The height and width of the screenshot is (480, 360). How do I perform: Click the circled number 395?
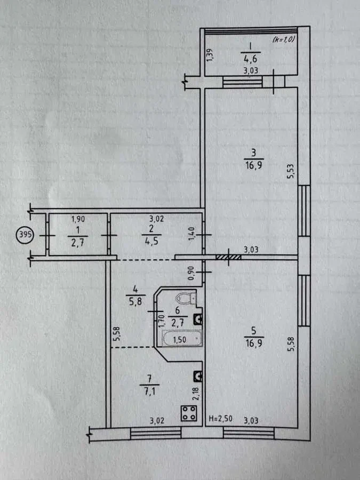click(25, 235)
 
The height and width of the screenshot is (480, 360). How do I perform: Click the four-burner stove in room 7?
click(189, 413)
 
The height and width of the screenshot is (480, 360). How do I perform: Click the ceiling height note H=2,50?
click(220, 419)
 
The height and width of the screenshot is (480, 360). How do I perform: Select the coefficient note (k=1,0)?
click(283, 39)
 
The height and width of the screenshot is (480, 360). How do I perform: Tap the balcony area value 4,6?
click(251, 59)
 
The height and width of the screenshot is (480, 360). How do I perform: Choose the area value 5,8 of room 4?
click(135, 301)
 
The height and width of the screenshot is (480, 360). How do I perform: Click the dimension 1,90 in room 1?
click(78, 219)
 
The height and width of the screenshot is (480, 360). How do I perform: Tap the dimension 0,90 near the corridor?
click(191, 273)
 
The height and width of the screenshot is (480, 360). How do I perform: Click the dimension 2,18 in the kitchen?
click(196, 393)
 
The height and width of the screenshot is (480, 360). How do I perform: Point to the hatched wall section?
click(228, 257)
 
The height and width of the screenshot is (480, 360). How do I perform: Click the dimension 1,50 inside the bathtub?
click(179, 339)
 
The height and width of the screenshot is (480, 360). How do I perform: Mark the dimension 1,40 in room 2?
click(191, 234)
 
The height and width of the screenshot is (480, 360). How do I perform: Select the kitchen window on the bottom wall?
click(156, 433)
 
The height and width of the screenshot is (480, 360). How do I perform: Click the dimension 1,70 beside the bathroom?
click(163, 322)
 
